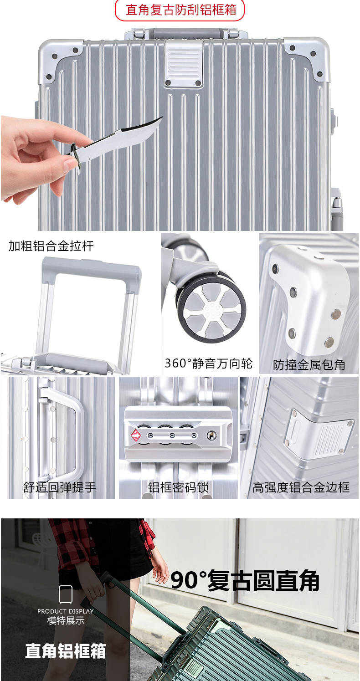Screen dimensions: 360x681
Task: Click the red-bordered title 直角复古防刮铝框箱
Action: [x=181, y=10]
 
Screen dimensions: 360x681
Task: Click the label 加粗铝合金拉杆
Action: [x=51, y=246]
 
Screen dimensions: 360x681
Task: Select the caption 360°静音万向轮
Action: [x=209, y=364]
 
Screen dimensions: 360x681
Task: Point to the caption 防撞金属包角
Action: [x=309, y=364]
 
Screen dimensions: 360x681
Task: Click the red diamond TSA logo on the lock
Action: [x=136, y=435]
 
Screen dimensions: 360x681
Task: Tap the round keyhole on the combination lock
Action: [x=212, y=435]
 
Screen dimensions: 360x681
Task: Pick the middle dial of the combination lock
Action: [x=172, y=435]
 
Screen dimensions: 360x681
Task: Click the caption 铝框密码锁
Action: [x=178, y=487]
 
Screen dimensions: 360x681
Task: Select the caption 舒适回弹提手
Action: [x=60, y=487]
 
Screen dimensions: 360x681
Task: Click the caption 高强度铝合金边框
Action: [x=301, y=487]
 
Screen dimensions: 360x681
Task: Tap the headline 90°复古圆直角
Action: [x=245, y=581]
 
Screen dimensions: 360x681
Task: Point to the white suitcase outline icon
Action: [x=65, y=594]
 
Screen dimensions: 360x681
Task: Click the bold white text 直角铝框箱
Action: [x=65, y=650]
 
